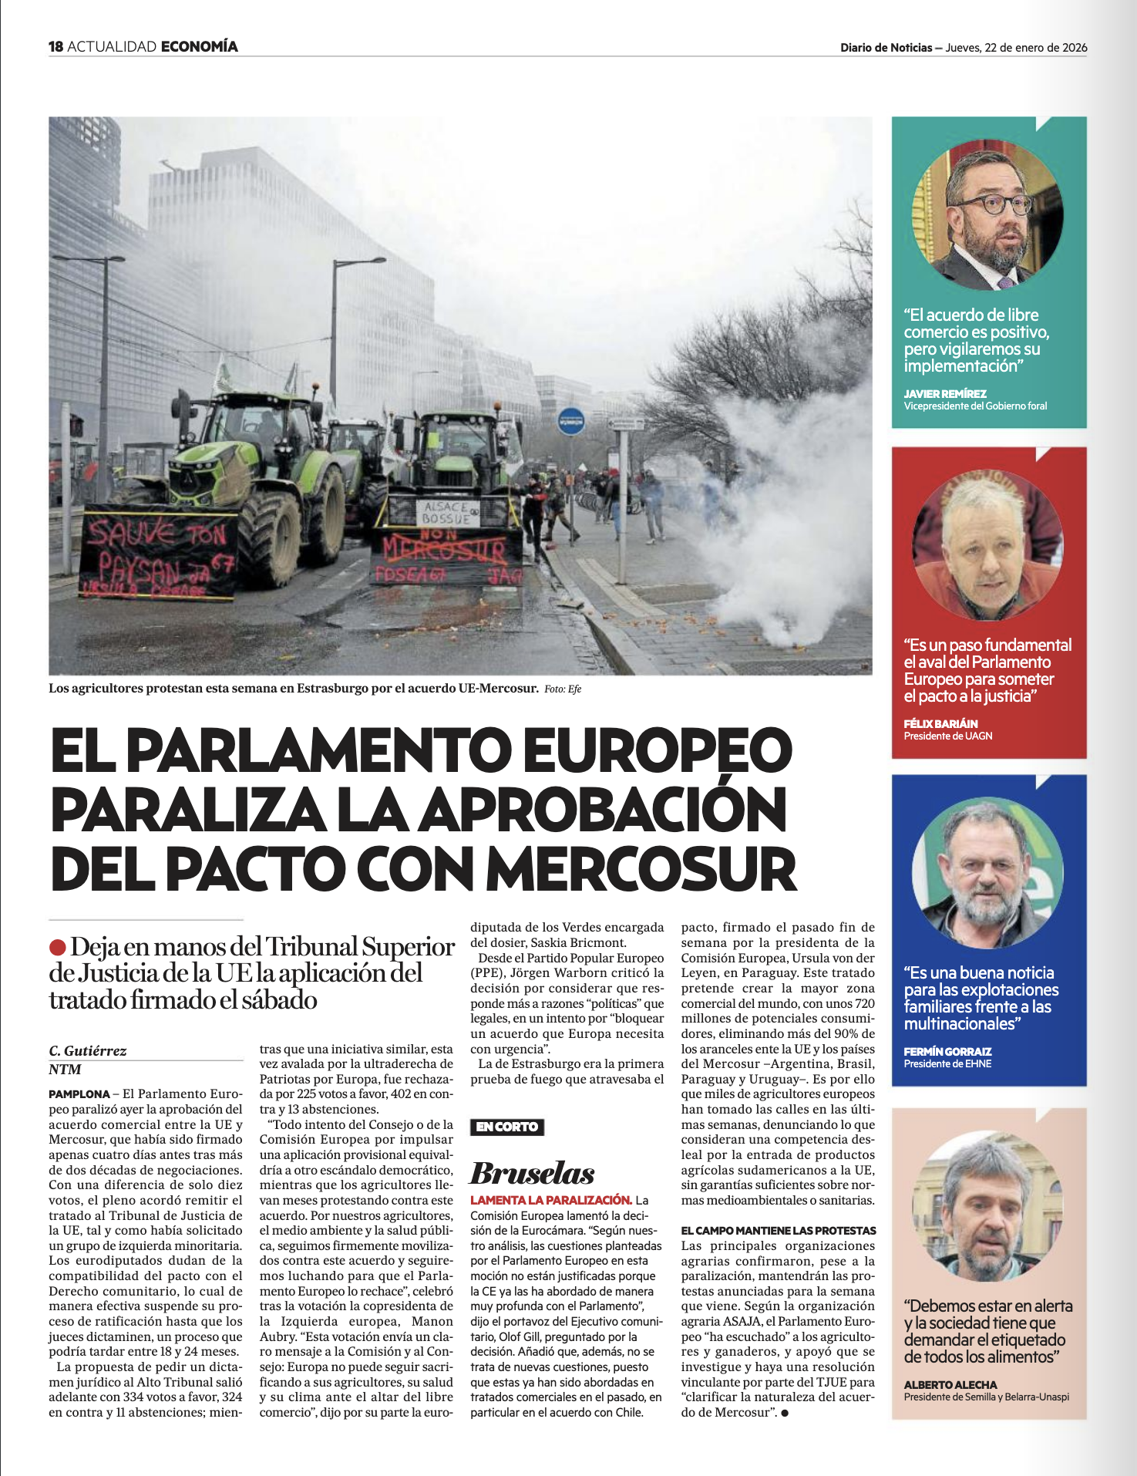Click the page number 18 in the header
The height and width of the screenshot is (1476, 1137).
pos(56,46)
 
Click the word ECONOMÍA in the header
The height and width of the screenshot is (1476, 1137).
pos(199,46)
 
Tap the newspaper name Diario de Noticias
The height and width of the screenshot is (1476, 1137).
pos(886,48)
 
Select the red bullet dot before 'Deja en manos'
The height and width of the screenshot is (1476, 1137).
pos(57,947)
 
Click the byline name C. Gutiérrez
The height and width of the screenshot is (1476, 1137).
pos(87,1050)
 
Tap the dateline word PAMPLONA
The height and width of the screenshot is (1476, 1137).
pos(79,1094)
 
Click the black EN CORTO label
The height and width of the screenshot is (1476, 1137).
pos(506,1127)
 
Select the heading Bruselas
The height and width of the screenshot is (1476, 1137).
pos(532,1173)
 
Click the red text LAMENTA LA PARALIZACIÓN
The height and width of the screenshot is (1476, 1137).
pos(550,1200)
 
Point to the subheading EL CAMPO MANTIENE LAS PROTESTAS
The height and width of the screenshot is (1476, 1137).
pos(778,1231)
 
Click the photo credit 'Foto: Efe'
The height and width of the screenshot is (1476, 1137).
pos(563,689)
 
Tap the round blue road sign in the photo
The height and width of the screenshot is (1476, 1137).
pos(571,422)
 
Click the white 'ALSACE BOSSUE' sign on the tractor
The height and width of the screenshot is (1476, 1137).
pos(446,512)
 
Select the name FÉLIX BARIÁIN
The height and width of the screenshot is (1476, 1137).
pos(940,723)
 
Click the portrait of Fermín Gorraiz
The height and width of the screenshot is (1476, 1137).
pos(987,871)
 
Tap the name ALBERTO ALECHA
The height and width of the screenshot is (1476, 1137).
pos(950,1384)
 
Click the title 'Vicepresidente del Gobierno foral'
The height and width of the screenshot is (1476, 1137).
pos(975,406)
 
